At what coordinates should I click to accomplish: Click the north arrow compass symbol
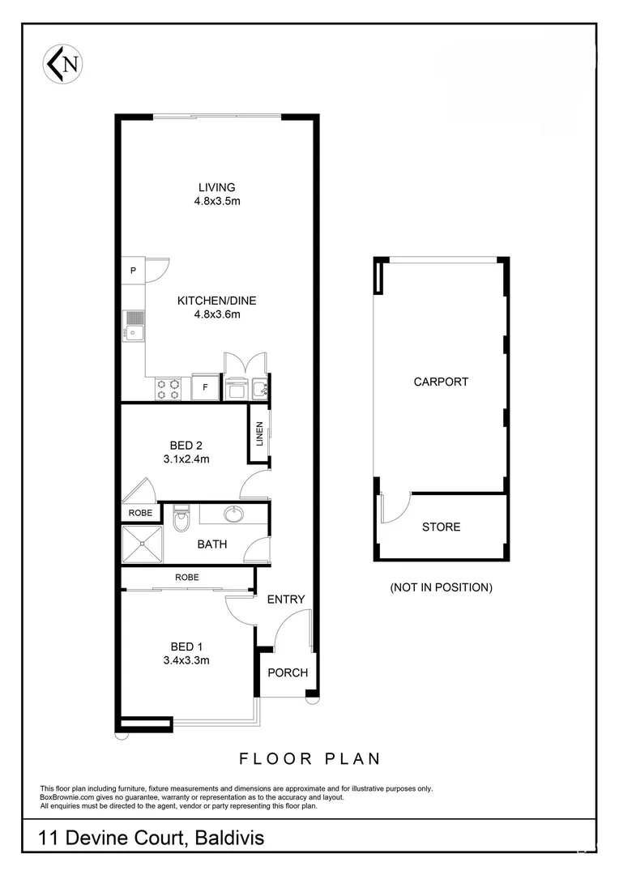pos(65,64)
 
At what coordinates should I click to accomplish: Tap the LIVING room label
pos(210,187)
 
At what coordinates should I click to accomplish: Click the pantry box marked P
pos(133,271)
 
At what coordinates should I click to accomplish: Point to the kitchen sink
pos(133,327)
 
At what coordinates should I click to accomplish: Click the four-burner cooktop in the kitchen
pos(168,390)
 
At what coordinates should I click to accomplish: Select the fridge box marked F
pos(205,388)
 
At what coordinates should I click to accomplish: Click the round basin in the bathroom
pos(235,514)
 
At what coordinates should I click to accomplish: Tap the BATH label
pos(212,544)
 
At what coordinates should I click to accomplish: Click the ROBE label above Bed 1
pos(186,577)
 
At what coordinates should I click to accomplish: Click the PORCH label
pos(288,672)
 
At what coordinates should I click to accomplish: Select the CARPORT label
pos(441,382)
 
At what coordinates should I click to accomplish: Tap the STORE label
pos(441,527)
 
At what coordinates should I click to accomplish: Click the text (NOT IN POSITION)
pos(441,587)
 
